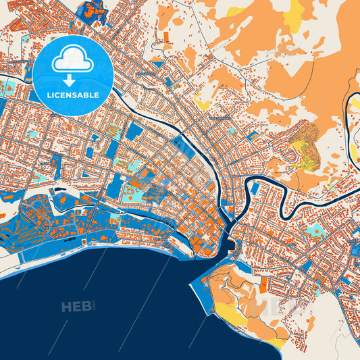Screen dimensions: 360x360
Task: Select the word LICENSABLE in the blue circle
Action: [73, 95]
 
